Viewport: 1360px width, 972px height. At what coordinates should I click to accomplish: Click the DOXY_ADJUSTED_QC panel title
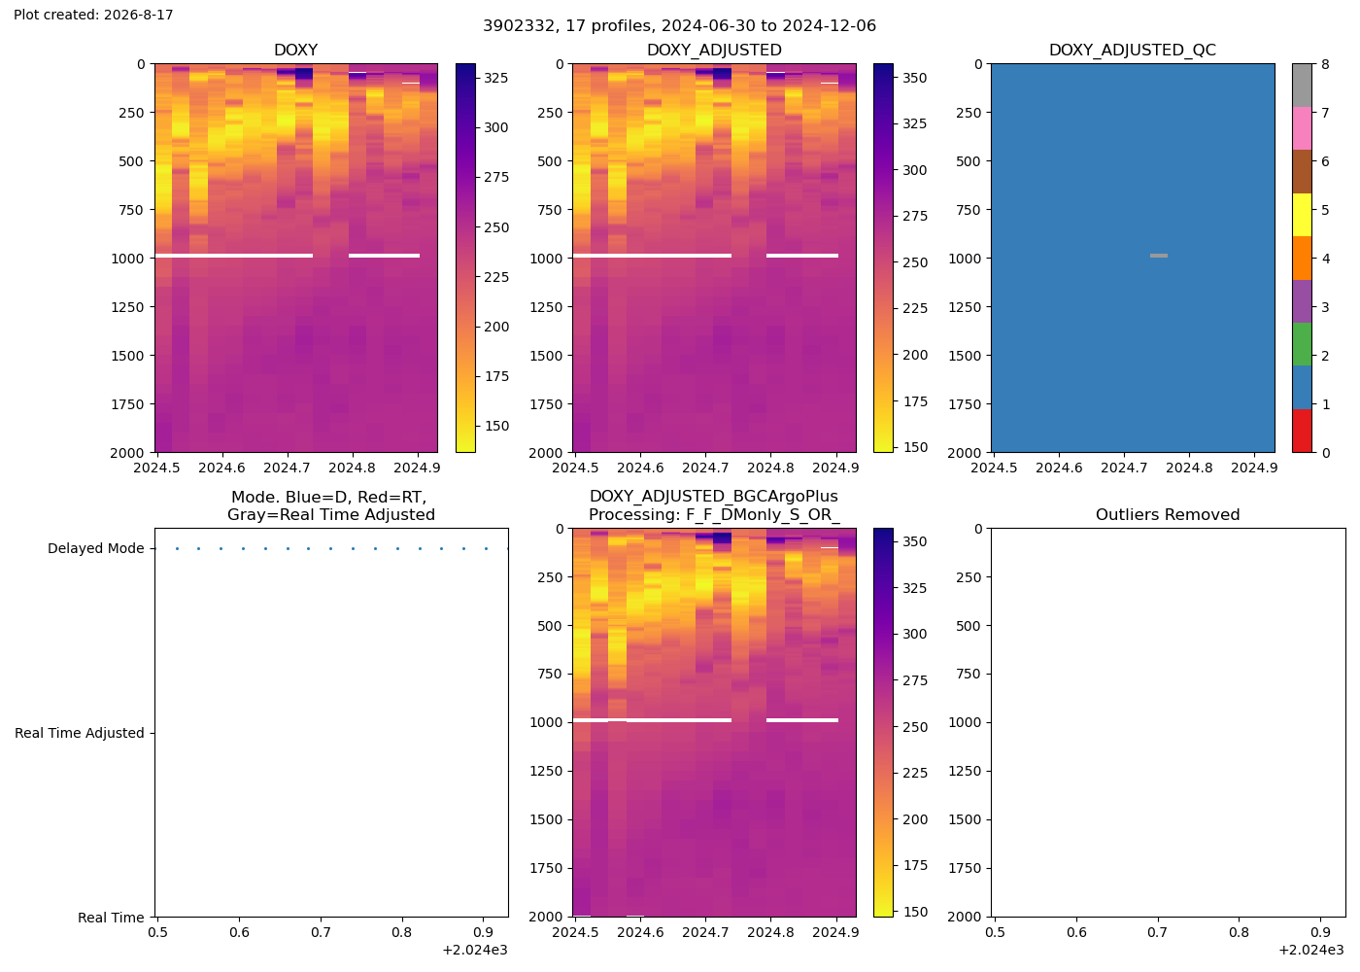click(1133, 50)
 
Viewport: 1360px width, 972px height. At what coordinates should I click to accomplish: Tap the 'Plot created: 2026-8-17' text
click(93, 15)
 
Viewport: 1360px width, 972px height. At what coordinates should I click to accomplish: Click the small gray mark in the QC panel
click(1158, 256)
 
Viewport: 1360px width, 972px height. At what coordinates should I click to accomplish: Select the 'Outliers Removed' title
click(1168, 514)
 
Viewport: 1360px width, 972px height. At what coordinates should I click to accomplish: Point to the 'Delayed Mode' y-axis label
click(96, 548)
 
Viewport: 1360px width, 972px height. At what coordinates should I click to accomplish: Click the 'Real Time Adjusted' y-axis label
click(80, 733)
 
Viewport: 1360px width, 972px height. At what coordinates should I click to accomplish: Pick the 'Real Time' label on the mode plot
click(111, 918)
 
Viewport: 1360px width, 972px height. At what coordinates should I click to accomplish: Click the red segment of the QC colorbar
click(1302, 431)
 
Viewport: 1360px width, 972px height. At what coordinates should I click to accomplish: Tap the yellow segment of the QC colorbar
click(1302, 215)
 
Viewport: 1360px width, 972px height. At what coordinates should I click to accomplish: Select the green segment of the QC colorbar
click(1302, 344)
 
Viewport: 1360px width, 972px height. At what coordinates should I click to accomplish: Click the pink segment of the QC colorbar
click(1302, 128)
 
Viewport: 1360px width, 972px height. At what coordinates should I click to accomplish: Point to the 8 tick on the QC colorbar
click(1325, 64)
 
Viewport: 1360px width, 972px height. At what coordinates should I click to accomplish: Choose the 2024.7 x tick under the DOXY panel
click(288, 468)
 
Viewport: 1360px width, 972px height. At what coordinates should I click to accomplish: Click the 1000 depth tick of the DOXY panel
click(127, 259)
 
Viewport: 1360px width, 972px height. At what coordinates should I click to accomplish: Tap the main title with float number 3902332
click(679, 25)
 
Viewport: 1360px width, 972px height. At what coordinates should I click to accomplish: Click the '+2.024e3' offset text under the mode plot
click(475, 951)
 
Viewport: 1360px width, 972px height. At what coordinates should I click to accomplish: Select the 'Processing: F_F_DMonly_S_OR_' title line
click(714, 515)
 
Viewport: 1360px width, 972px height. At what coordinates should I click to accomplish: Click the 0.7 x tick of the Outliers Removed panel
click(1158, 932)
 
